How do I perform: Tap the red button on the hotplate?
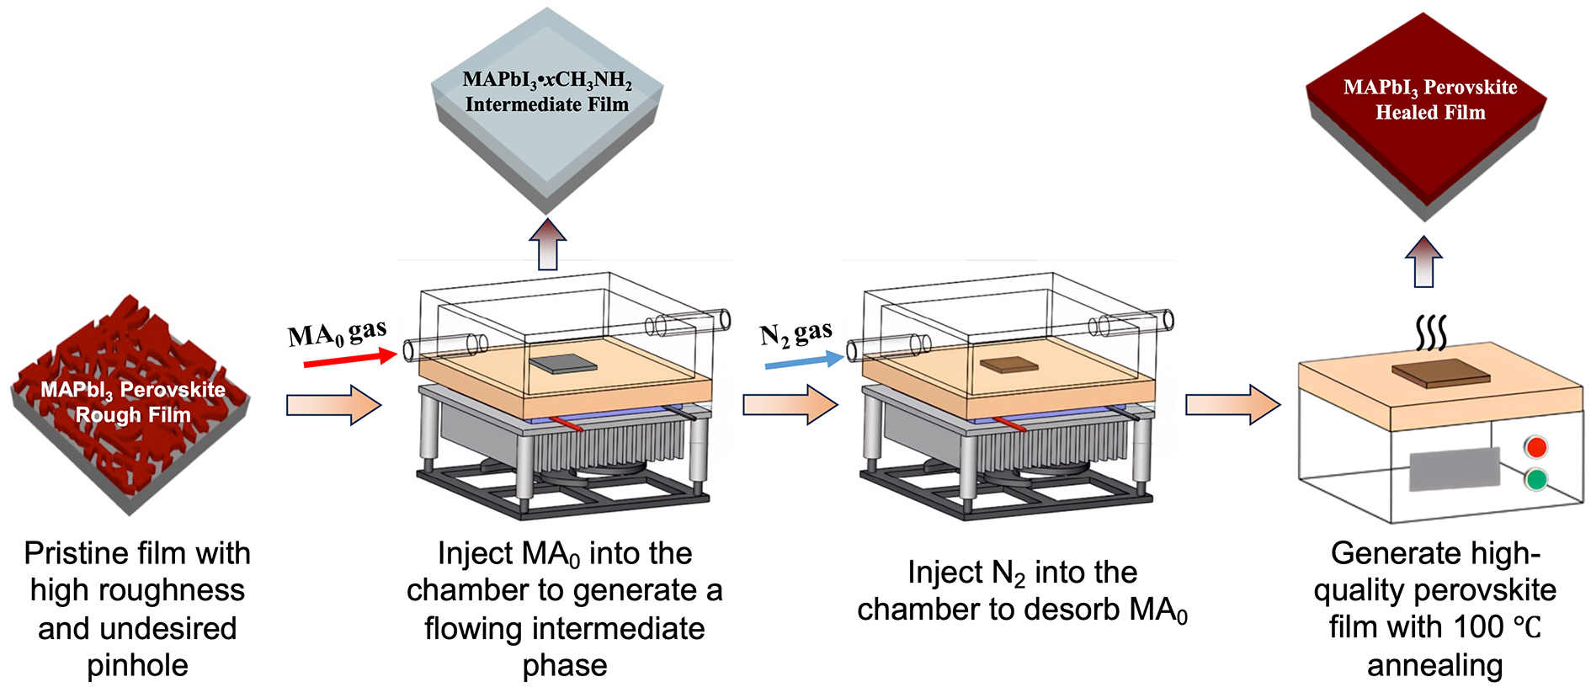1536,447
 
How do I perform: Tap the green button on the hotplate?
1536,480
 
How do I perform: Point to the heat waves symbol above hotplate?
1430,333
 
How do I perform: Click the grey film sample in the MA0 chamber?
563,364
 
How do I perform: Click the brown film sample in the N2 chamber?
1010,365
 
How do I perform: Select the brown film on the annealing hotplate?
1440,372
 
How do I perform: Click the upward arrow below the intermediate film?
548,244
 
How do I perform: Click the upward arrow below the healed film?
1423,261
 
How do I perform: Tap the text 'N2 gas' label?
795,333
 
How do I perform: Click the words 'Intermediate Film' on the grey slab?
547,105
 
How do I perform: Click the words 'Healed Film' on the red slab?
1430,113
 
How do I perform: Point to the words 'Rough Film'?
133,415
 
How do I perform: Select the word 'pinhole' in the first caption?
137,665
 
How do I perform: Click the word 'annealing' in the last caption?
1434,665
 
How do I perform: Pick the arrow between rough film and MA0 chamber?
333,405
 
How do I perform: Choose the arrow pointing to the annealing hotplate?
1232,405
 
